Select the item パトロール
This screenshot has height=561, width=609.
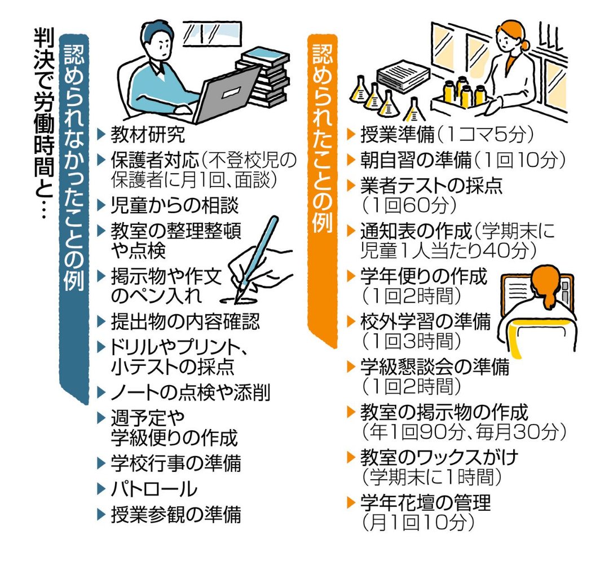153,488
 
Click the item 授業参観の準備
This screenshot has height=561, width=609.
175,514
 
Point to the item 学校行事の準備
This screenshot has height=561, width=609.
175,463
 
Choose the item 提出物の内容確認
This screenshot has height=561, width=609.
185,322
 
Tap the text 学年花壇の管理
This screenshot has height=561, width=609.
425,502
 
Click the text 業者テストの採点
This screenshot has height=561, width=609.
431,186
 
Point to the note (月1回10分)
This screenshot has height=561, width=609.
417,523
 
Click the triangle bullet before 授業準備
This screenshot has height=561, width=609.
351,135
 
